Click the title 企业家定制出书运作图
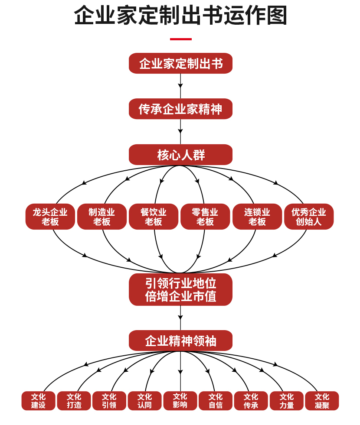pyautogui.click(x=180, y=16)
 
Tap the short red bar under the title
pyautogui.click(x=180, y=39)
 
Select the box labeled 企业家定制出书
pyautogui.click(x=180, y=64)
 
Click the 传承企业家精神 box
pyautogui.click(x=180, y=109)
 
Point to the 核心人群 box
pyautogui.click(x=180, y=155)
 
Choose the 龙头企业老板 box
pyautogui.click(x=50, y=217)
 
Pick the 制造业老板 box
pyautogui.click(x=102, y=217)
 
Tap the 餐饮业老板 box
pyautogui.click(x=154, y=217)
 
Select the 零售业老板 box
pyautogui.click(x=205, y=217)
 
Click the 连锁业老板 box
pyautogui.click(x=257, y=217)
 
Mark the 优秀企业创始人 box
pyautogui.click(x=309, y=217)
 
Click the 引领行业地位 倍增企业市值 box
pyautogui.click(x=180, y=289)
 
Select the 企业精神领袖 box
pyautogui.click(x=180, y=341)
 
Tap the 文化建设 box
pyautogui.click(x=39, y=401)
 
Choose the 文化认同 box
pyautogui.click(x=145, y=401)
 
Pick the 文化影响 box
pyautogui.click(x=180, y=401)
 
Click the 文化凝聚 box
pyautogui.click(x=322, y=401)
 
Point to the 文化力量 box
pyautogui.click(x=287, y=401)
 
